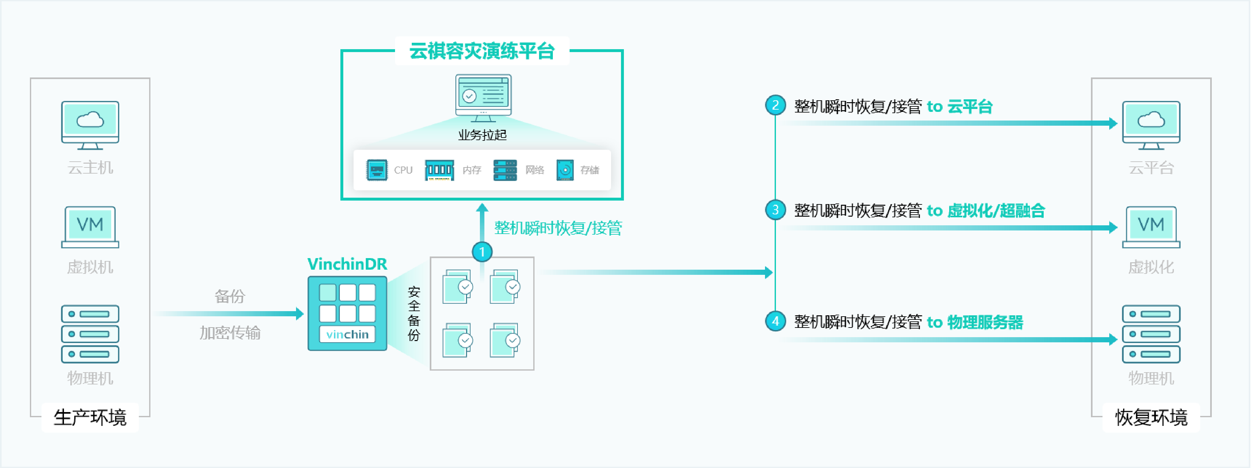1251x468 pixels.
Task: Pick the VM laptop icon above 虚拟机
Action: click(x=90, y=227)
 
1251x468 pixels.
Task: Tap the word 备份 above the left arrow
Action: click(x=230, y=296)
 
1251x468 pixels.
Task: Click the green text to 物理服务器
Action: click(x=974, y=322)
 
